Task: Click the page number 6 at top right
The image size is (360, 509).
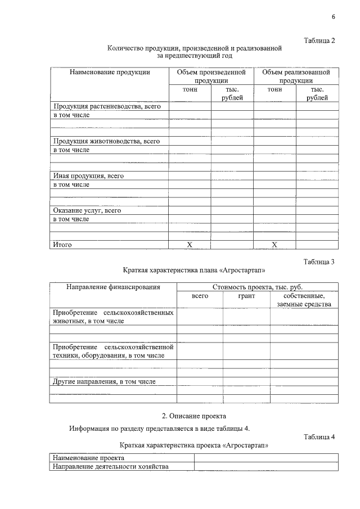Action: click(333, 16)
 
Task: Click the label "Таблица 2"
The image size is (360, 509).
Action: click(319, 40)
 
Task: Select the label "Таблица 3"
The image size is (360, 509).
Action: click(319, 262)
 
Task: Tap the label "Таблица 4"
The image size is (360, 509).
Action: click(319, 436)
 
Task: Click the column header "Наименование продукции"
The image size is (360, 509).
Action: click(110, 72)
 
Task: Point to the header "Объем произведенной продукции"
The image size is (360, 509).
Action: click(211, 76)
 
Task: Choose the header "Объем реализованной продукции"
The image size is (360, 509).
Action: click(296, 76)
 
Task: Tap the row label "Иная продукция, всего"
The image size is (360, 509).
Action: click(88, 175)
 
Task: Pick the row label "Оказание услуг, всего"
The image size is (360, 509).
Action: click(87, 210)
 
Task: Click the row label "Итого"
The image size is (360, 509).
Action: click(62, 245)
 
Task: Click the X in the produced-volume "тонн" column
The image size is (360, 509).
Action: click(190, 245)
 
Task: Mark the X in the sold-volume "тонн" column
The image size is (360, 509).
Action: click(274, 245)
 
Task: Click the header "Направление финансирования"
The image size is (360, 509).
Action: click(113, 287)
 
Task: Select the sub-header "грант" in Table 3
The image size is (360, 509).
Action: click(246, 295)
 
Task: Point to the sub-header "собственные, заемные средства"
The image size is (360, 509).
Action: click(304, 300)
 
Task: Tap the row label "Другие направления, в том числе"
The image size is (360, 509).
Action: click(104, 381)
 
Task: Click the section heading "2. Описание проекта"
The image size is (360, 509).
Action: click(193, 416)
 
